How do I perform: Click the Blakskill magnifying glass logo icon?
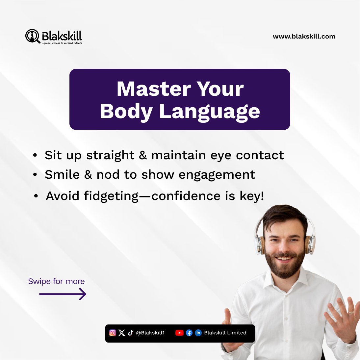(x=32, y=36)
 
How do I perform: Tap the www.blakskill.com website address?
(x=304, y=37)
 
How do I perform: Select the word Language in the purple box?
(x=210, y=112)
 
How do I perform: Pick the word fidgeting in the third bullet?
(x=111, y=196)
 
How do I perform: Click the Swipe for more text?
(x=56, y=281)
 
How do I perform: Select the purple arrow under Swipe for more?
(x=63, y=294)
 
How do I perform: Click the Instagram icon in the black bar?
(x=113, y=333)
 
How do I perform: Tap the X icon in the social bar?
(x=122, y=333)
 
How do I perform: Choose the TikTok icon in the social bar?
(x=130, y=333)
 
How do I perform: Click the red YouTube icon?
(x=179, y=333)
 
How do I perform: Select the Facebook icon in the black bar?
(x=189, y=333)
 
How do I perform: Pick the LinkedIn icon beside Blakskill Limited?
(x=198, y=333)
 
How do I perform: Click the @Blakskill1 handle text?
(x=150, y=333)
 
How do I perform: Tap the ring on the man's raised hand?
(x=351, y=311)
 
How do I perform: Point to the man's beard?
(x=285, y=263)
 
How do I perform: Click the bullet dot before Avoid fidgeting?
(x=36, y=196)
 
